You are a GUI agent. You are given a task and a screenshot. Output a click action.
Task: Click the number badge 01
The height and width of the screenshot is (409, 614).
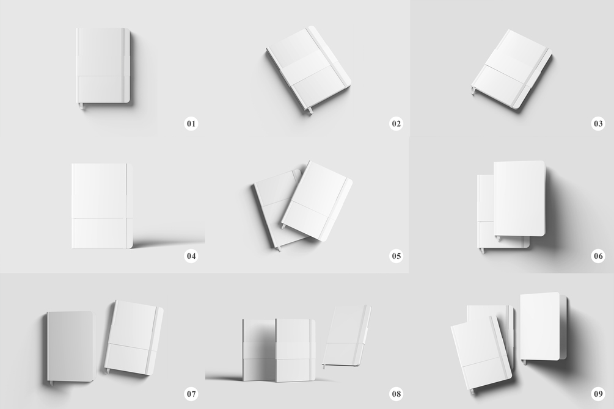[x=191, y=124]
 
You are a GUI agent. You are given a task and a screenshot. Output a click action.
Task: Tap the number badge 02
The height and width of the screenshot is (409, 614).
[x=396, y=124]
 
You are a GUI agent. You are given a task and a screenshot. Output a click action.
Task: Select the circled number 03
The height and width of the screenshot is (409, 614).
[x=598, y=124]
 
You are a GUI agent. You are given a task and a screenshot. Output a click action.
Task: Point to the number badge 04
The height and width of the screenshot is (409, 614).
[x=191, y=256]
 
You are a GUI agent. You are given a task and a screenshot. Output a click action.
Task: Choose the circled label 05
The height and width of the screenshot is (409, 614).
[x=396, y=256]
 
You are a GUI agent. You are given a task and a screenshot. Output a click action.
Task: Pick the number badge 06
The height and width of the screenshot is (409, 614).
[x=598, y=256]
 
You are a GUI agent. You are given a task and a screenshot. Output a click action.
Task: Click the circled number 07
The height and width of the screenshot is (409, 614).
[x=191, y=394]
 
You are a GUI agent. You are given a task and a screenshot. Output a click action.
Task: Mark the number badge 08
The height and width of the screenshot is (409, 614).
[x=396, y=394]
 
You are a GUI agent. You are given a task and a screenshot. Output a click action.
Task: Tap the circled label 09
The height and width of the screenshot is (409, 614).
[x=598, y=394]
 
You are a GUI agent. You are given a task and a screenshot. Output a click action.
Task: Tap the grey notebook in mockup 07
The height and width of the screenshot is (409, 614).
[x=70, y=346]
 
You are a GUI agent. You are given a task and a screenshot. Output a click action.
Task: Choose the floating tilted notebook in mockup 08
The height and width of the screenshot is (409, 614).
[x=347, y=336]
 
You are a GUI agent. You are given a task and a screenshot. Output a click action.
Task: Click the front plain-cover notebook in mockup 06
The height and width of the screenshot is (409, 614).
[x=520, y=198]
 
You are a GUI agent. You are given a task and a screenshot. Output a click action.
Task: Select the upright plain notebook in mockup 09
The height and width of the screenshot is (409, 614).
[x=543, y=327]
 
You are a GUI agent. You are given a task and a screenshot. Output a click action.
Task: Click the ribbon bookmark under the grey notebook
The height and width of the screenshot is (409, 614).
[x=51, y=383]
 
